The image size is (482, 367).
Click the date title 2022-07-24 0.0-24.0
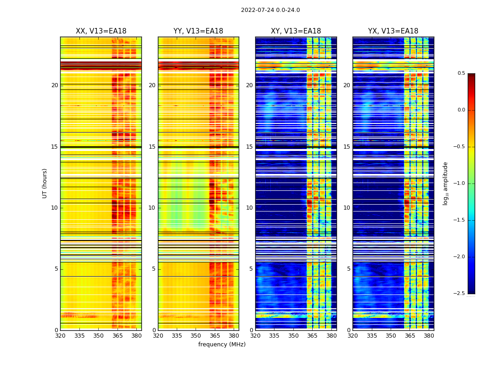coord(270,10)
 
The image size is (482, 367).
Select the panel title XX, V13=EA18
coord(101,31)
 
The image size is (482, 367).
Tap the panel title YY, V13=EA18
coord(198,31)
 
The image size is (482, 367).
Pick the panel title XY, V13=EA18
coord(296,31)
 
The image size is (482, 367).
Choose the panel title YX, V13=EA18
coord(393,31)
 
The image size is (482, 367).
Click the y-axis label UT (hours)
coord(45,183)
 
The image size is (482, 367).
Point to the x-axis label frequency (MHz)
coord(222,345)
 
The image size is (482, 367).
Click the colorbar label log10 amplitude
coord(446,183)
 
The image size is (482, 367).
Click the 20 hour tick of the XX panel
coord(55,85)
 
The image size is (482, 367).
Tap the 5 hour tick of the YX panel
coord(348,269)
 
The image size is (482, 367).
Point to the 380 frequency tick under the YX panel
coord(429,336)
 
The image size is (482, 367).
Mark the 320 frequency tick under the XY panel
coord(255,336)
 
